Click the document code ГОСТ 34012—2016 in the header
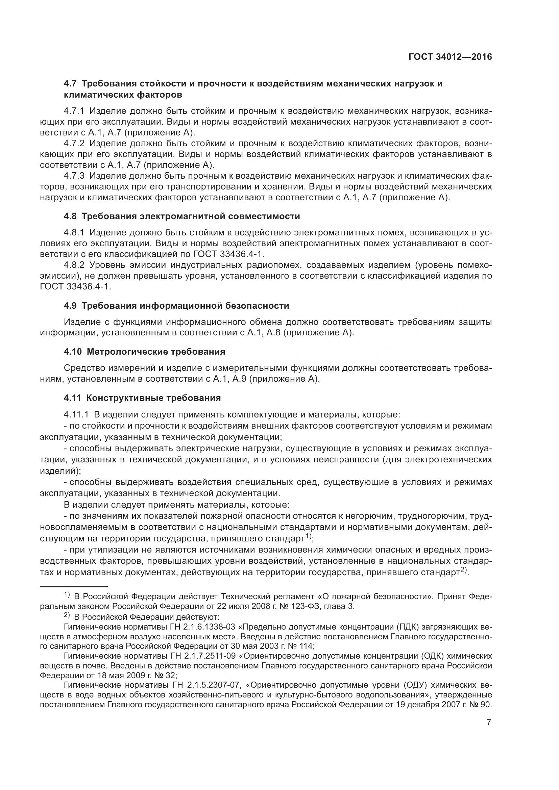[450, 57]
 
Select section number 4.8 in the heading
[71, 216]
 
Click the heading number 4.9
[71, 306]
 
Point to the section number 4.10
[73, 352]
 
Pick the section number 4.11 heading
[72, 398]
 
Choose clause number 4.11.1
[77, 415]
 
